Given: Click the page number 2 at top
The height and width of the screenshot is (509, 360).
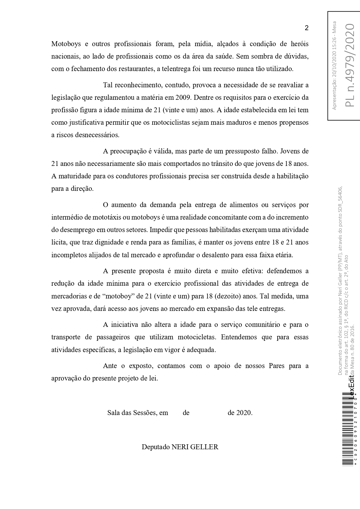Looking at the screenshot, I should [x=306, y=28].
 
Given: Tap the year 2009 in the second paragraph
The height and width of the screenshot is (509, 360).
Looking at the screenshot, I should [x=183, y=98].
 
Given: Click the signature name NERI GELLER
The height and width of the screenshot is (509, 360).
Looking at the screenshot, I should [x=195, y=447].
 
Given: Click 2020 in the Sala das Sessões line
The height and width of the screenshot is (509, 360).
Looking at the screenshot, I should [x=244, y=413].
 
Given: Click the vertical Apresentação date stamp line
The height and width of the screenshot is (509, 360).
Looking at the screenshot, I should [x=334, y=66].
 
